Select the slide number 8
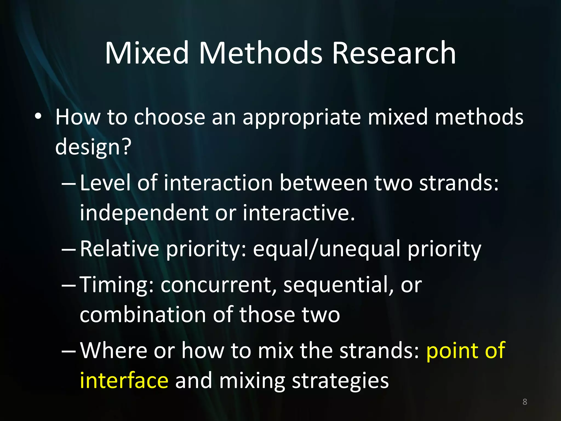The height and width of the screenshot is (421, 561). click(525, 402)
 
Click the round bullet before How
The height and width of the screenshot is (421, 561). click(38, 117)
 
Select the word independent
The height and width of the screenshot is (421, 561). click(144, 213)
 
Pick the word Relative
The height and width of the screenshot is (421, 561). click(119, 248)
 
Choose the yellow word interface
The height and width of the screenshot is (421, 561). click(124, 380)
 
